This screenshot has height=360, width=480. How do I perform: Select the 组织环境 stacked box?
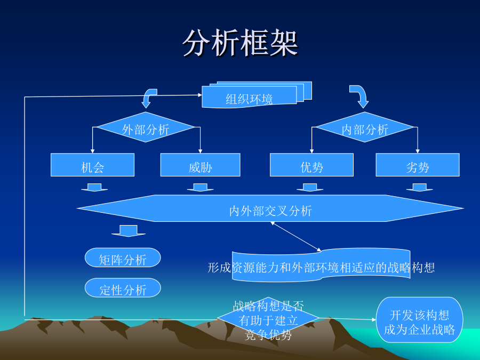click(x=257, y=95)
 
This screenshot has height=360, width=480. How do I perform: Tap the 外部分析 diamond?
click(x=146, y=127)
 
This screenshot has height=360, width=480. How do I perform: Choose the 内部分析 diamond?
click(x=365, y=127)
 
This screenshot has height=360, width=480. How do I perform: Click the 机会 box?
click(x=92, y=165)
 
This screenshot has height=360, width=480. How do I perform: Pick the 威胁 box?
click(x=200, y=165)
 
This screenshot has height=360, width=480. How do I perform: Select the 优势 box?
click(x=311, y=165)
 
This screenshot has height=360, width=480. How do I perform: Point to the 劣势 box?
click(x=418, y=165)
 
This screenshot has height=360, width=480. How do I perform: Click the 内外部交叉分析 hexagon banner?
click(x=270, y=208)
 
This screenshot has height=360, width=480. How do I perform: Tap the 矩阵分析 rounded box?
click(x=123, y=258)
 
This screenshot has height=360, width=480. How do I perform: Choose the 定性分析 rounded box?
click(x=123, y=288)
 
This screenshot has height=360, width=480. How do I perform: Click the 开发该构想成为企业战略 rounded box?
click(x=419, y=320)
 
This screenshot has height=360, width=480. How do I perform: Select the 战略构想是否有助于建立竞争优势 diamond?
click(x=268, y=318)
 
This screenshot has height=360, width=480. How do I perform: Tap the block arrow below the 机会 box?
click(x=94, y=188)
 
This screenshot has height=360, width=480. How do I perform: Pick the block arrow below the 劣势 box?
click(x=419, y=188)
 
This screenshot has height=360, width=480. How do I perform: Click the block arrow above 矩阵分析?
click(x=129, y=231)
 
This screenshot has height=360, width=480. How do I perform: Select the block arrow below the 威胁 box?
click(x=200, y=188)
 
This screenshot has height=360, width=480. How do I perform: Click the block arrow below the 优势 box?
click(x=310, y=188)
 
